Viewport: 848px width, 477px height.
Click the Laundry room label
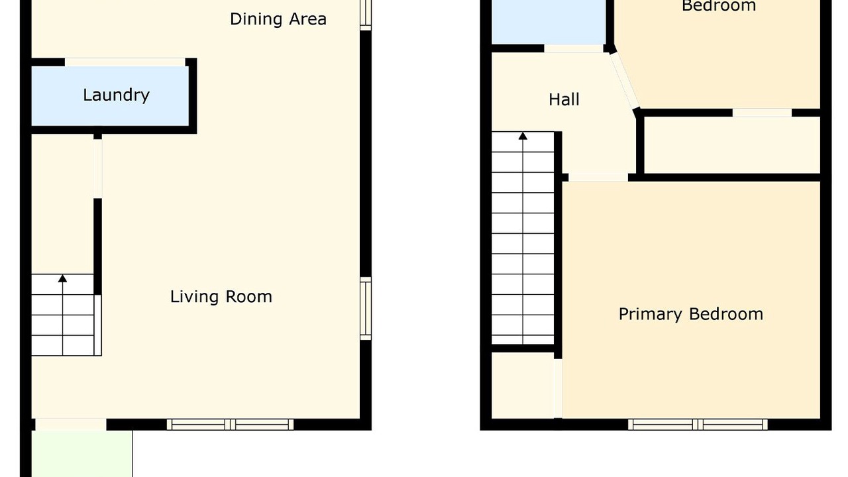[116, 95]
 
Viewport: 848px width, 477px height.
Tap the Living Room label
[221, 296]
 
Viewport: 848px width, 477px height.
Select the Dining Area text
[278, 19]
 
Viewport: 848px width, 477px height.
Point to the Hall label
[564, 99]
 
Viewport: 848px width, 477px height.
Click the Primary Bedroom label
[691, 314]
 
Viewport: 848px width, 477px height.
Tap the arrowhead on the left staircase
[62, 279]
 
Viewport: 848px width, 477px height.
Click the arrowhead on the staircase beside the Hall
[523, 136]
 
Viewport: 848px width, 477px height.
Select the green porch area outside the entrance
[81, 454]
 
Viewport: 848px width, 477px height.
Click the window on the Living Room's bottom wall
[230, 425]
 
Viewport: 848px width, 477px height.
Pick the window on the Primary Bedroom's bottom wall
[698, 425]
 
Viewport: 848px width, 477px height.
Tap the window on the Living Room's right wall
[366, 308]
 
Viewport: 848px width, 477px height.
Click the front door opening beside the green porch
[71, 425]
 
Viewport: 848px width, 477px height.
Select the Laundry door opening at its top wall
[125, 62]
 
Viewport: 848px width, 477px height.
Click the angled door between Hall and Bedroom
[624, 80]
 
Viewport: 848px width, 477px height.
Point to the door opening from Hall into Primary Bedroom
[598, 177]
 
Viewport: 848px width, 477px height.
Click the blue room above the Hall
[549, 22]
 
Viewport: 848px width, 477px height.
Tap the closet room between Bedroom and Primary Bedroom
[732, 145]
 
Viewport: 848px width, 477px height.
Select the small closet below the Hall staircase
[523, 386]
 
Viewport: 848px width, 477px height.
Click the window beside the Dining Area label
[366, 15]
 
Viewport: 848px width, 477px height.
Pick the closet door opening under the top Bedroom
[762, 113]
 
